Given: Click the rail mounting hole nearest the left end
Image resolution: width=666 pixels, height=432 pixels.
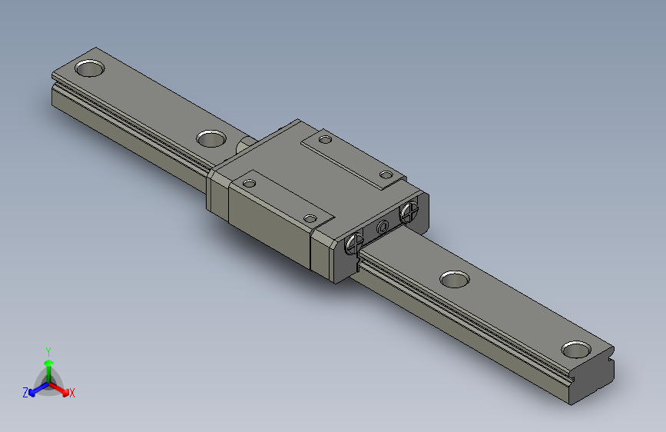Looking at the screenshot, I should (x=90, y=68).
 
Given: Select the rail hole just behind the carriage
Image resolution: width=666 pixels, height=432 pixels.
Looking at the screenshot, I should (x=210, y=139).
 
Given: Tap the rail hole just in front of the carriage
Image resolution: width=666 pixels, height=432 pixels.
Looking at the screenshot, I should (x=455, y=278).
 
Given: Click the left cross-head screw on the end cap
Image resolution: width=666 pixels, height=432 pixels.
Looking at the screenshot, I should (x=353, y=244).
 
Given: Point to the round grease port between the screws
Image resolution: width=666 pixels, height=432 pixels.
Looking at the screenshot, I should (x=382, y=228).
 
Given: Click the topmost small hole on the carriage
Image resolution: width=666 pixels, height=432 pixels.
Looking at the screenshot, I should (x=325, y=141).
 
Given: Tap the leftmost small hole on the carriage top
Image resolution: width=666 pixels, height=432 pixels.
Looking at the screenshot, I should (x=249, y=183).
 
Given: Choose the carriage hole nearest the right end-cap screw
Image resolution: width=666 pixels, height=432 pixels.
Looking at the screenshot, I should (x=385, y=174).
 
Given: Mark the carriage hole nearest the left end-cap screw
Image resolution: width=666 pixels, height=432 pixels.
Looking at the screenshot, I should (x=310, y=218).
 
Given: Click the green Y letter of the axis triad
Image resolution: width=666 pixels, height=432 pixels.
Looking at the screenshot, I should (x=48, y=350).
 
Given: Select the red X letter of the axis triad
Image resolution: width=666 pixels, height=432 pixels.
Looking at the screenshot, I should (x=71, y=394).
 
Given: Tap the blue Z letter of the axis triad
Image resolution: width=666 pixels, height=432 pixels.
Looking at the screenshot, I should (x=25, y=393).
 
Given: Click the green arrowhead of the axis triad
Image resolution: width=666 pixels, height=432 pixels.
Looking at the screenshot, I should (x=48, y=361).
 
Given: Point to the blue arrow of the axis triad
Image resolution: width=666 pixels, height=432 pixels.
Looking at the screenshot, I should (x=35, y=388).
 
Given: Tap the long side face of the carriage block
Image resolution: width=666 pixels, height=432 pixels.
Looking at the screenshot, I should (x=269, y=227).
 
